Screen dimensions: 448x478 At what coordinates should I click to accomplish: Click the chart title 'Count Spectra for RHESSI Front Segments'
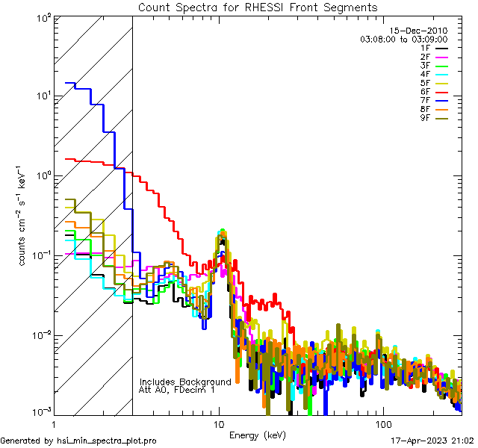click(258, 7)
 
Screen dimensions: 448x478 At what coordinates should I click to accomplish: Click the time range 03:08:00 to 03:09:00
click(403, 39)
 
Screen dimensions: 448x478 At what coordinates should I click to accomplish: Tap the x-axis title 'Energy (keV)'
click(258, 435)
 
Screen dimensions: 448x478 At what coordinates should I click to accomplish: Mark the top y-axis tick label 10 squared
click(40, 16)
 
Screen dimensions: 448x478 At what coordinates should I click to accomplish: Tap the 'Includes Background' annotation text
click(185, 382)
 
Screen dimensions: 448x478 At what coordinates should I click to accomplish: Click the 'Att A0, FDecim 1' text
click(177, 390)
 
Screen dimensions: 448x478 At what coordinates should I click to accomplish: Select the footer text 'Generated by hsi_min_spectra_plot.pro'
click(78, 441)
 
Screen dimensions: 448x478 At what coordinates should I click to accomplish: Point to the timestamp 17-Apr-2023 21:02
click(432, 441)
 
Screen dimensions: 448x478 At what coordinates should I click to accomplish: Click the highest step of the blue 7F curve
click(71, 83)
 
